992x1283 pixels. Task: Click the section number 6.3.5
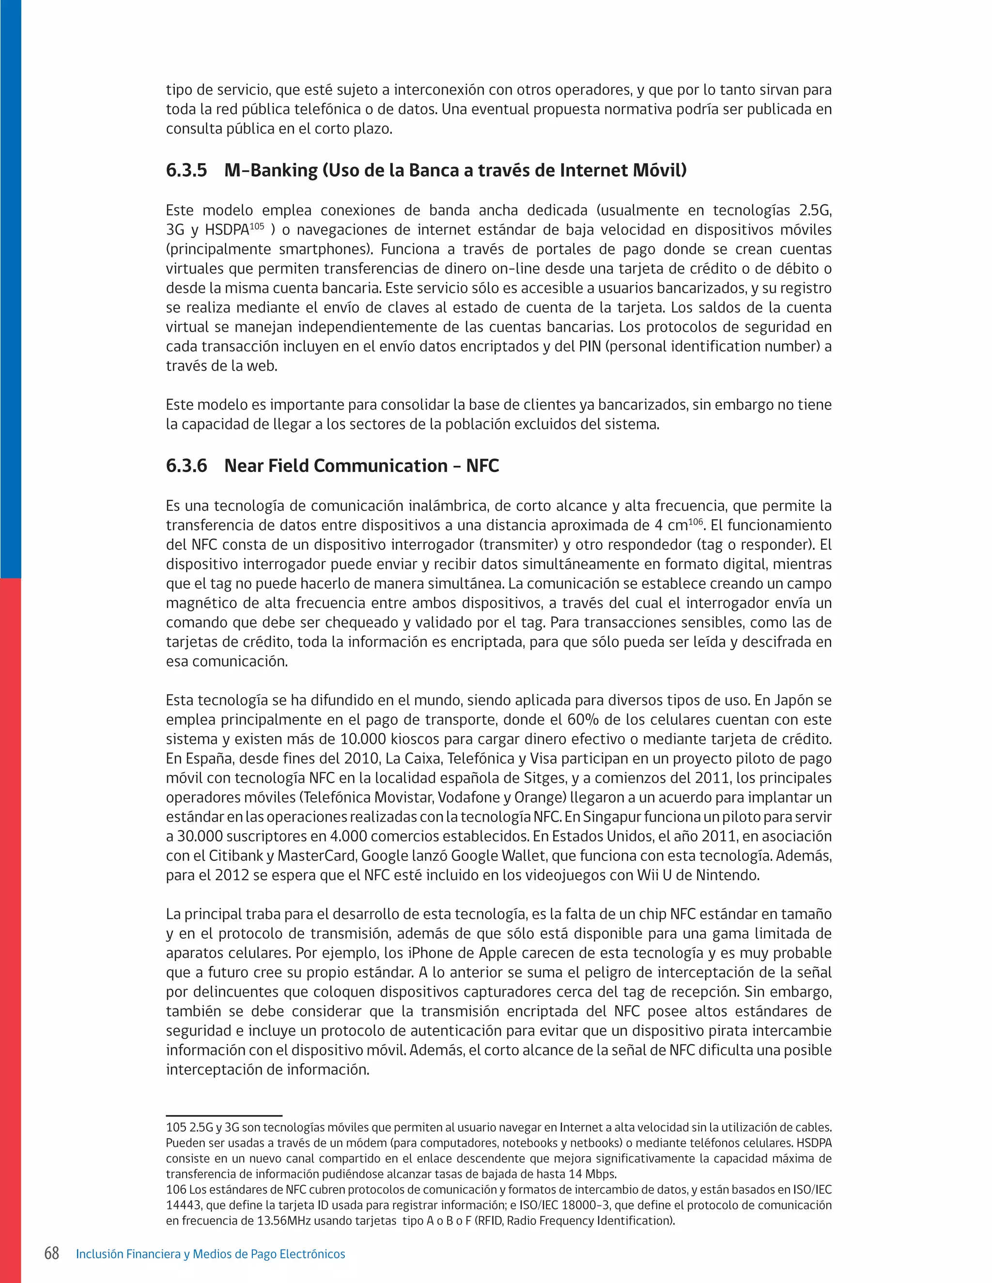(186, 170)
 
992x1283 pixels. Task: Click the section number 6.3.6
(186, 466)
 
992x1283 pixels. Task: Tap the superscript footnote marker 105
(257, 226)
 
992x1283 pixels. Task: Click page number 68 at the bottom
(52, 1253)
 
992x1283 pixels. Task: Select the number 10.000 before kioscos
(363, 739)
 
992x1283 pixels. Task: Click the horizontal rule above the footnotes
(224, 1115)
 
